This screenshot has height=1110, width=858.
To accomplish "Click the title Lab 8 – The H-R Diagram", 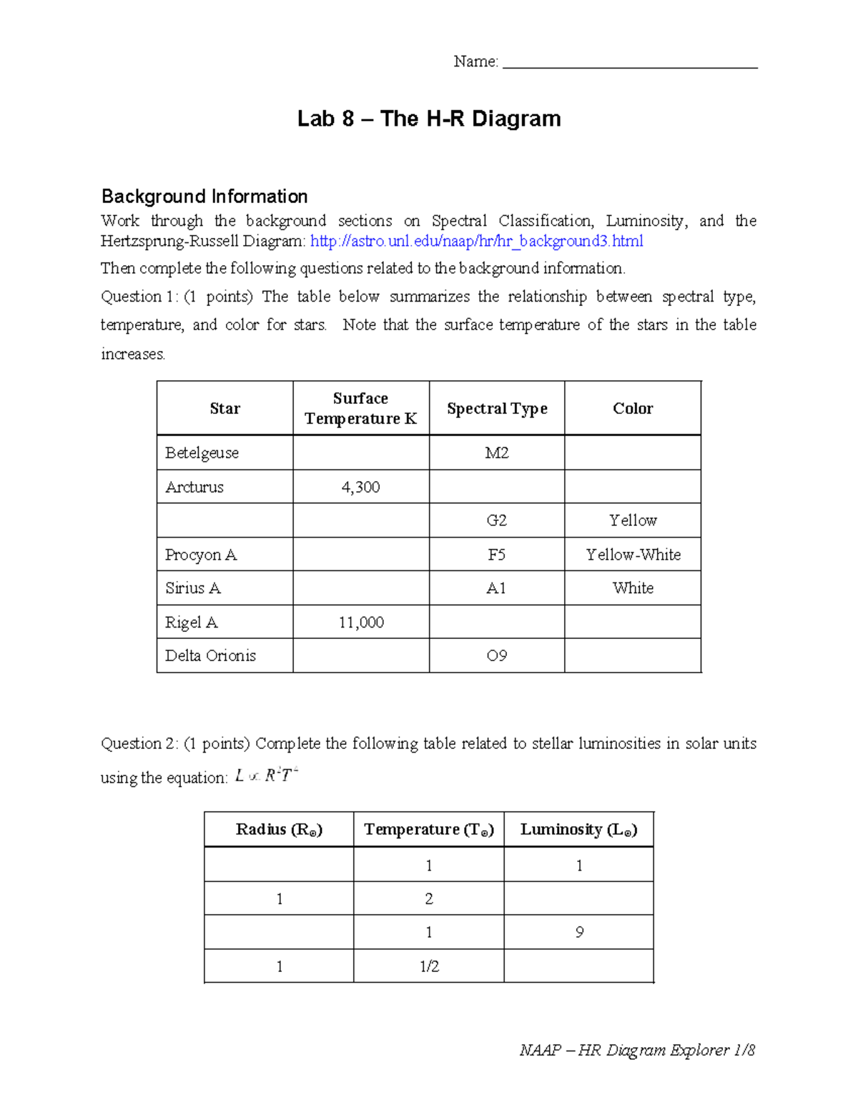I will pos(429,119).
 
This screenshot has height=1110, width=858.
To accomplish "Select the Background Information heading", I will pos(204,197).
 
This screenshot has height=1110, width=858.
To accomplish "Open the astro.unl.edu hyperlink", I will pos(477,242).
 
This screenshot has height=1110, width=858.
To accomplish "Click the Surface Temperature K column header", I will pos(360,408).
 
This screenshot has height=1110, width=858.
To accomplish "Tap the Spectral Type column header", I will pos(497,409).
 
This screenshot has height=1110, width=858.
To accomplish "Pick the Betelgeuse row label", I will pos(202,453).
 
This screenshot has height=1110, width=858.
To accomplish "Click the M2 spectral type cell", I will pos(497,453).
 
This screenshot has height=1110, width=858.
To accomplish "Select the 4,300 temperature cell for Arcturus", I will pos(360,487).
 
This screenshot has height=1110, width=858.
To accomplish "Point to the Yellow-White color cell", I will pos(633,555).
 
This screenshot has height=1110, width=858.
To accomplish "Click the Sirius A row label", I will pos(193,588).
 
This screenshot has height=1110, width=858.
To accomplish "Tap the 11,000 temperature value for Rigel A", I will pos(361,623).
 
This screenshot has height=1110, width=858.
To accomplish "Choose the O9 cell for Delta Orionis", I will pos(497,656).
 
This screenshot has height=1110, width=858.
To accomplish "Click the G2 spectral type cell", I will pos(497,521).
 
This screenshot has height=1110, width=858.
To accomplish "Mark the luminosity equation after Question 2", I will pos(266,775).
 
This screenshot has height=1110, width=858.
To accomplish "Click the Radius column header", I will pos(279,830).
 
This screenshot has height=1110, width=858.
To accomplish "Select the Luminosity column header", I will pos(578,830).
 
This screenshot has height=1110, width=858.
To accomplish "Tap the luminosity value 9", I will pos(579,933).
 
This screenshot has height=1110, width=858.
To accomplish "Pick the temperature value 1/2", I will pos(429,967).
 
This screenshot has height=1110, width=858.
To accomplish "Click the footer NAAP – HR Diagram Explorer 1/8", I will pos(637,1050).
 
